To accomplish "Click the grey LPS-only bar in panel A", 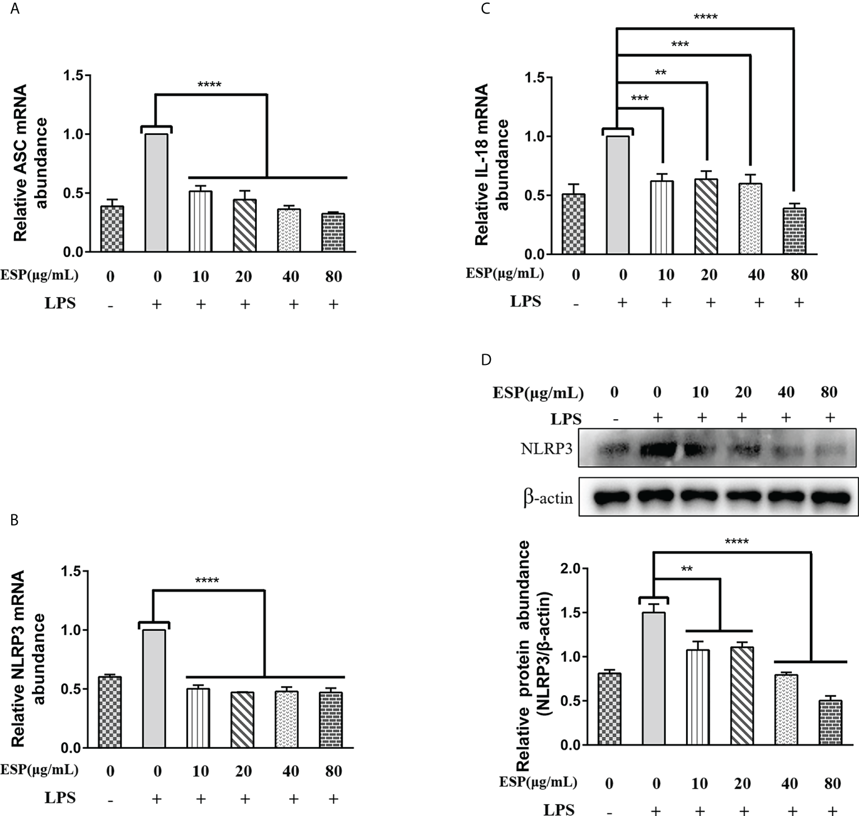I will tap(156, 193).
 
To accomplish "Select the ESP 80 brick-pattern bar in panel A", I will tap(333, 232).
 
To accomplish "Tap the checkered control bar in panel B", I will tap(110, 712).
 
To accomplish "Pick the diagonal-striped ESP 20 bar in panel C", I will tap(707, 216).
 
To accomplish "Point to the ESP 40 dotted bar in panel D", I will tap(786, 709).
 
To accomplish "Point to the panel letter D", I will tap(486, 359).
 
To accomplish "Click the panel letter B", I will tap(15, 520).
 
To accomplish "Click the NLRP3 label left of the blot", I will tap(546, 448).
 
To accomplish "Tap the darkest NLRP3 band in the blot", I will tap(655, 449).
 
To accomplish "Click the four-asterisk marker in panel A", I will tap(209, 86).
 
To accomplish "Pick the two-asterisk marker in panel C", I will tap(660, 72).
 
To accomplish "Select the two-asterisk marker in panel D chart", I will tap(687, 569).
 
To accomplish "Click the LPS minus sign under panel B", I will tap(111, 800).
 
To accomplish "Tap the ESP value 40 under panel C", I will tap(755, 274).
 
